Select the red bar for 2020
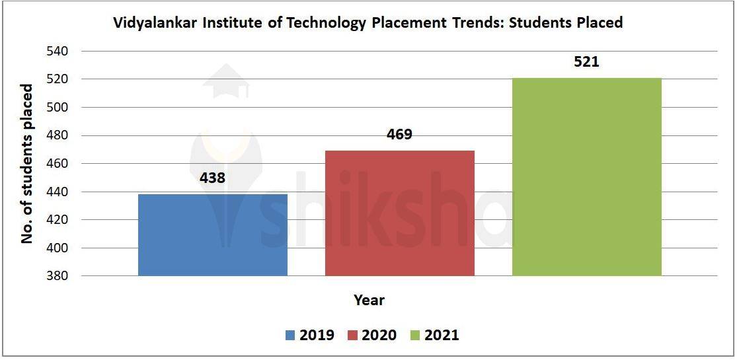[x=399, y=213]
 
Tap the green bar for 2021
[x=586, y=176]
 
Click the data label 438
[x=213, y=178]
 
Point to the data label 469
[x=399, y=135]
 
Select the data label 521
[x=586, y=63]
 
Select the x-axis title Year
[x=369, y=301]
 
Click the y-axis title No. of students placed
[x=27, y=163]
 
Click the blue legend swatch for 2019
[x=290, y=336]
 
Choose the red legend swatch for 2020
[x=352, y=336]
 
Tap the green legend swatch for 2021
[x=415, y=336]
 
